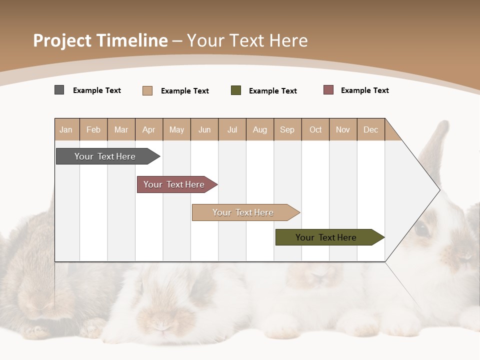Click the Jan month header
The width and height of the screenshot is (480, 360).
(66, 129)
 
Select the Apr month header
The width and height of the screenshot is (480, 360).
(148, 129)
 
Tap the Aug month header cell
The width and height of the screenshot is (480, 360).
(259, 129)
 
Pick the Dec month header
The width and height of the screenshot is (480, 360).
(370, 129)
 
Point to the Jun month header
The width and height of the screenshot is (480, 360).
(204, 129)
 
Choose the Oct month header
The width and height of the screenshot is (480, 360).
(315, 129)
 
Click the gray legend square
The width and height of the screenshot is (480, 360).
(59, 90)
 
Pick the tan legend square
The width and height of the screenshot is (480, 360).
(147, 90)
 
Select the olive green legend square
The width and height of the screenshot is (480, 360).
(235, 90)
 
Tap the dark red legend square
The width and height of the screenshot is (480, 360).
(328, 90)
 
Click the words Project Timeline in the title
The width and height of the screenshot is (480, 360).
(100, 40)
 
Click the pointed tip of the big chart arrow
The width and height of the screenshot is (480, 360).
(439, 190)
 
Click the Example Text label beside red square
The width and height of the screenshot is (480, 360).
(364, 90)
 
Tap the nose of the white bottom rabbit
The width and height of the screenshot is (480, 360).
(161, 325)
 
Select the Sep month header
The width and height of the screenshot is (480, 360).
(287, 129)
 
